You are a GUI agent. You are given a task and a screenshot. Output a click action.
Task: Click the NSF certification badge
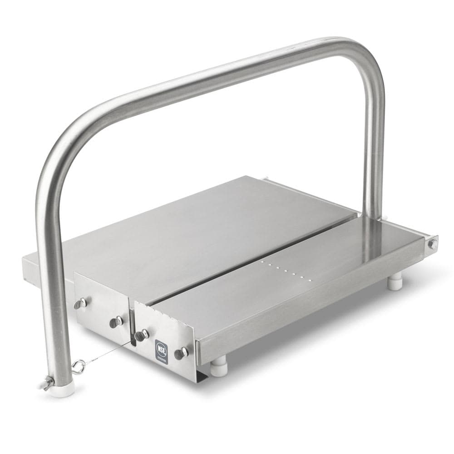161,350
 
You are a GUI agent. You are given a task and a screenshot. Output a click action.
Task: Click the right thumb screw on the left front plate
116,322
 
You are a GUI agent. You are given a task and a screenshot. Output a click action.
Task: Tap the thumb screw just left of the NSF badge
142,335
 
